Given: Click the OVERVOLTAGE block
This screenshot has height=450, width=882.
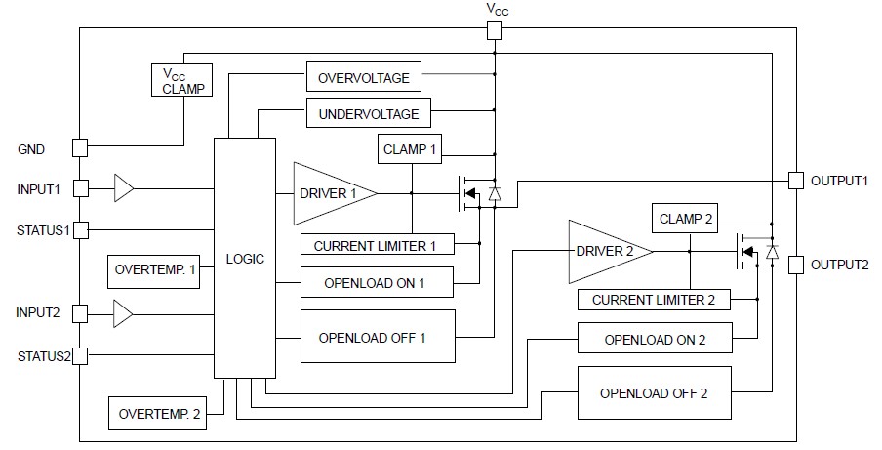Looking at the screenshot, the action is pos(363,77).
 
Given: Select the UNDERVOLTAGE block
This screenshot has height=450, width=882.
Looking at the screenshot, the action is pos(369,113).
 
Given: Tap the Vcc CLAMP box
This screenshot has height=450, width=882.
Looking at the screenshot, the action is pos(181,80).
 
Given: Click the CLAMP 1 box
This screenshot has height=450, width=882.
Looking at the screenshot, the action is pos(410,149).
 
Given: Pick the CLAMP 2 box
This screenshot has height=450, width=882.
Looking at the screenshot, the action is pos(685,219).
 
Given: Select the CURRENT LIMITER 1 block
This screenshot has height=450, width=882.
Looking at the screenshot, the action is pos(378,244).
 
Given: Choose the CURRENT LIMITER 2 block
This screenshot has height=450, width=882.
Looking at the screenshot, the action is pos(654,300).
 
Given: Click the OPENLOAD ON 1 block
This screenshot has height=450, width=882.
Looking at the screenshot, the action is pos(377,282).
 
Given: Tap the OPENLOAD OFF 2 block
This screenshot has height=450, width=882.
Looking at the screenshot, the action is pos(655,392).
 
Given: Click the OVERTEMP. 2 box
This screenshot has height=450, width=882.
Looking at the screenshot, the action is pos(157,413).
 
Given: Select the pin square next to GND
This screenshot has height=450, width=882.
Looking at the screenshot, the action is pos(80,148).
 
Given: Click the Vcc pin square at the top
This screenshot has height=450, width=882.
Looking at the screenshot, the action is pos(495,31).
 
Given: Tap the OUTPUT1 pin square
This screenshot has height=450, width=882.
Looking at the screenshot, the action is pos(796,181).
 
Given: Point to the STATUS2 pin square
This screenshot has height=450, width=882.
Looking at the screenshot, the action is pos(80,356).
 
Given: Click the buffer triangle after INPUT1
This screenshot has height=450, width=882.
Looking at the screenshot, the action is pos(124,187).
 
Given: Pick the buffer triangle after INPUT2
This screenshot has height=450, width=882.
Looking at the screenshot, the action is pos(123,313).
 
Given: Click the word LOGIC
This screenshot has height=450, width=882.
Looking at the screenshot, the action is pos(245,259).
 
